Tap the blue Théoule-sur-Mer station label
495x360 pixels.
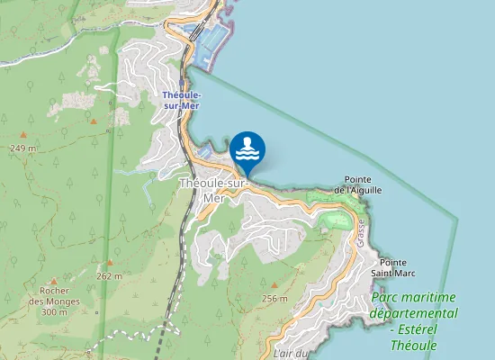point(181,100)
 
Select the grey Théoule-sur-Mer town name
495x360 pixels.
point(213,190)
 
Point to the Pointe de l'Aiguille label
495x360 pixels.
point(358,184)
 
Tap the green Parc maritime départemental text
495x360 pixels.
point(413,305)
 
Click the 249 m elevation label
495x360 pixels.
point(22,148)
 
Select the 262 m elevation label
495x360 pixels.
point(109,276)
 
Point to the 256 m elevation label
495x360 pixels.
point(274,298)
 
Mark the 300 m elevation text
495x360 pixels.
point(54,311)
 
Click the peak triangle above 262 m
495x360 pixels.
point(110,263)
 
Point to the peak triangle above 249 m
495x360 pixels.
point(93,121)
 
